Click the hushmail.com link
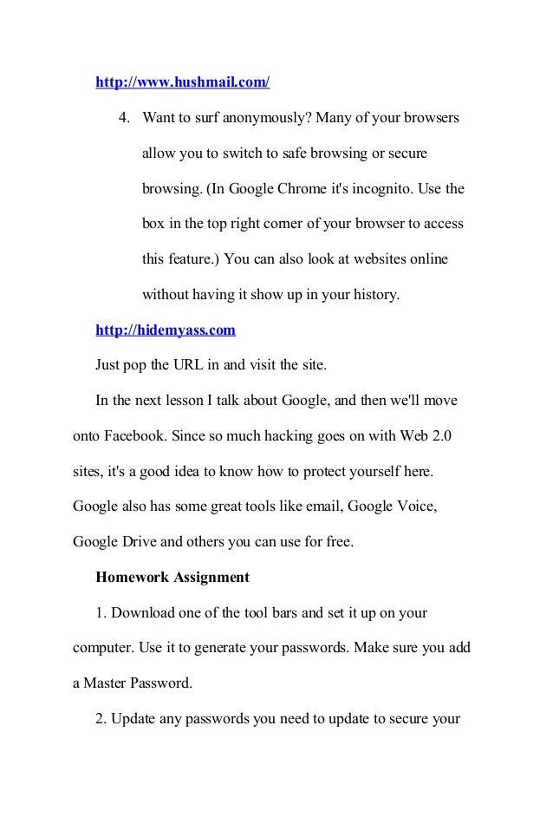182,82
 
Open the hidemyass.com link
165,330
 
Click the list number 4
125,116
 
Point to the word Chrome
276,188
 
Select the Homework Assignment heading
172,577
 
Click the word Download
146,612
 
